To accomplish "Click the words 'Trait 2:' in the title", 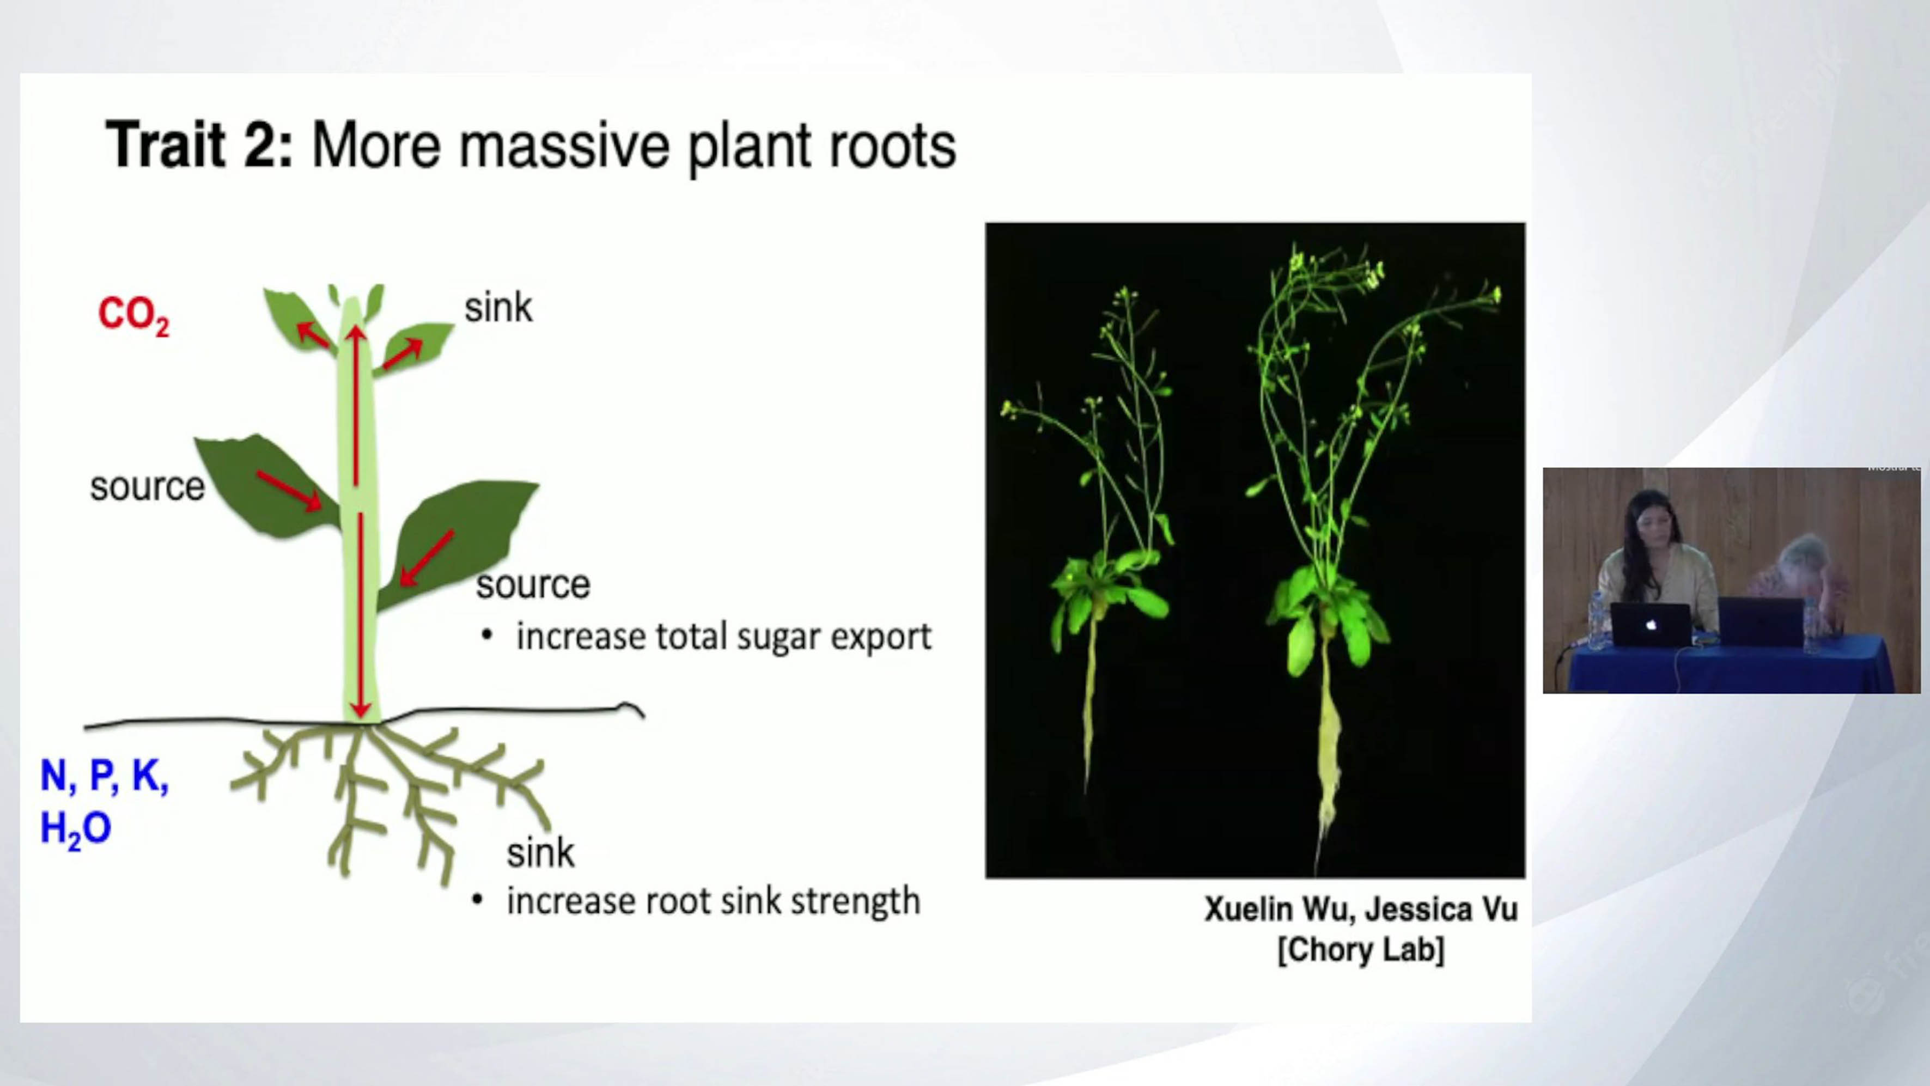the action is pyautogui.click(x=199, y=144).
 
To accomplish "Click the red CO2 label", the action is pyautogui.click(x=134, y=316).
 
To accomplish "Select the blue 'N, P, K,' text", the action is pyautogui.click(x=104, y=776).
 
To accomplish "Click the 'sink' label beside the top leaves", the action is pyautogui.click(x=498, y=307).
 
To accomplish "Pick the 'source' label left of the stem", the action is pyautogui.click(x=147, y=487).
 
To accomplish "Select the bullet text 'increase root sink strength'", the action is pyautogui.click(x=713, y=901).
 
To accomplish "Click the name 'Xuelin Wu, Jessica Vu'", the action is pyautogui.click(x=1361, y=909).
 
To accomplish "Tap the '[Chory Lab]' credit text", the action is pyautogui.click(x=1361, y=950).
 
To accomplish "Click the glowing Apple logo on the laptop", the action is pyautogui.click(x=1651, y=625).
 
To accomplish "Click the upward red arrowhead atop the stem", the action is pyautogui.click(x=357, y=334).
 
